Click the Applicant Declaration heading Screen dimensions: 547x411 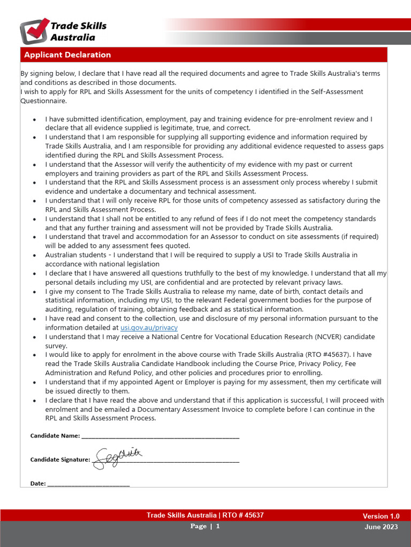click(x=67, y=55)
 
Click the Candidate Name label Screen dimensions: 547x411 click(x=55, y=436)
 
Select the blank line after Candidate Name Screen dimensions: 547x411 click(x=160, y=436)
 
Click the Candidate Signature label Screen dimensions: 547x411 click(x=60, y=459)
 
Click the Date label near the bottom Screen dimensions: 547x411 click(x=38, y=483)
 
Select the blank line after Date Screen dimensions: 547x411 click(x=89, y=484)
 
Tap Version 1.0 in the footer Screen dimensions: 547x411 click(x=381, y=516)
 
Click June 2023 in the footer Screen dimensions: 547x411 click(x=381, y=527)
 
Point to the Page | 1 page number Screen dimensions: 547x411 click(x=205, y=526)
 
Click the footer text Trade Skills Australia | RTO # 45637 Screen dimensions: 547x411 click(x=205, y=515)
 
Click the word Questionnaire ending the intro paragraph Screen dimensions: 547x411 click(x=43, y=100)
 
